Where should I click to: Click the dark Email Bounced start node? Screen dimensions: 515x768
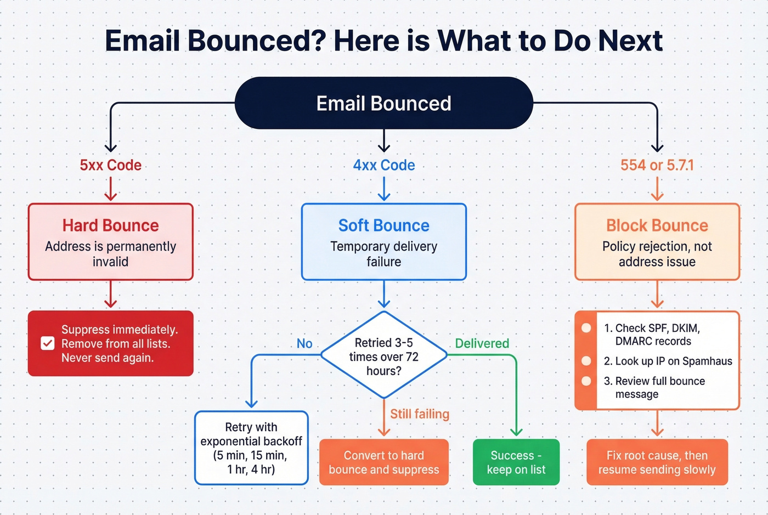(x=383, y=103)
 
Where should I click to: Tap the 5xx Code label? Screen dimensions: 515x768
(x=110, y=165)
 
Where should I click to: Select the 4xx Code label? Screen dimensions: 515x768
(x=383, y=165)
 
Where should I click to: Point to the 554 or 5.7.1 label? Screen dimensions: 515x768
(x=657, y=165)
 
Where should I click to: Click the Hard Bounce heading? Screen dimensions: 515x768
(x=110, y=225)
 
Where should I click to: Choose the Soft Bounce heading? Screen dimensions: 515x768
(x=383, y=225)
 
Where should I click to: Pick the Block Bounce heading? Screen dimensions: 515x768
(x=657, y=225)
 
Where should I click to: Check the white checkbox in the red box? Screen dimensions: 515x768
(x=48, y=343)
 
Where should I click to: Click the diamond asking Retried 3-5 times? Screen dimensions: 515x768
(x=383, y=356)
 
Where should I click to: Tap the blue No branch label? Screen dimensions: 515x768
(x=304, y=343)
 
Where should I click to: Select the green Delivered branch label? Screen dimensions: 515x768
(x=482, y=343)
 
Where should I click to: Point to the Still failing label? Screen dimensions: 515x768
(x=419, y=414)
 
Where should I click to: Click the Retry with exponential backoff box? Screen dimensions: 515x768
(x=251, y=448)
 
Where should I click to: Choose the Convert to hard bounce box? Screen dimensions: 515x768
(x=383, y=462)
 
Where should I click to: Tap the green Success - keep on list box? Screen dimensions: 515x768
(x=516, y=462)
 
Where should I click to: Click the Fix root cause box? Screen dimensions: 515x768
(x=657, y=462)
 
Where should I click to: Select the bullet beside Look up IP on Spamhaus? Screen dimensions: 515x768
(x=586, y=361)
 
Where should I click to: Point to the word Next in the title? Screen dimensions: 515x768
(x=630, y=41)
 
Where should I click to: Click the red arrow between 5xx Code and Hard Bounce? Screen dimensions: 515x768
(x=110, y=189)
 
